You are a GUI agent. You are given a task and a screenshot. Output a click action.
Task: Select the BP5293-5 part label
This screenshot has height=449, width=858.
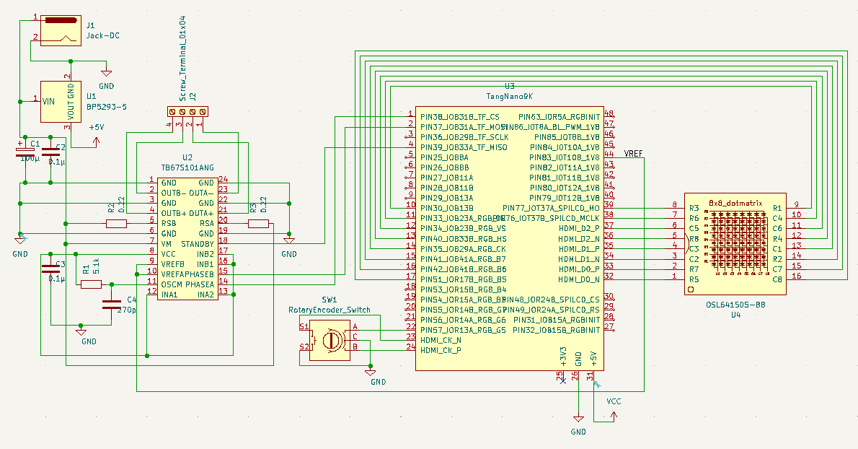tap(107, 106)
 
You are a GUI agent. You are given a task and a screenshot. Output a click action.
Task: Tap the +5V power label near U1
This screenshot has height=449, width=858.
tap(96, 128)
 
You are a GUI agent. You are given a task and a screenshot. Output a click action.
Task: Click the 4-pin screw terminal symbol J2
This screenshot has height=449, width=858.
tap(187, 111)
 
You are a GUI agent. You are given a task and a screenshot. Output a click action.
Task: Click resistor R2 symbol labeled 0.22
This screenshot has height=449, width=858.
tap(116, 224)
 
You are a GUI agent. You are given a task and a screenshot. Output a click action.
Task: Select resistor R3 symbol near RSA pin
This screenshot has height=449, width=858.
tap(257, 224)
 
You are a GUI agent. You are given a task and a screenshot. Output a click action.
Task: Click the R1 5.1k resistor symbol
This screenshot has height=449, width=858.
tap(91, 284)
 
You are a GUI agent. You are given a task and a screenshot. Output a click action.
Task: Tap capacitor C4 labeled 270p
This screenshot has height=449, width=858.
tap(110, 303)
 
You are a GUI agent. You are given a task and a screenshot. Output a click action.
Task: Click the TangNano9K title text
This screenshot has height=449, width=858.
tap(509, 95)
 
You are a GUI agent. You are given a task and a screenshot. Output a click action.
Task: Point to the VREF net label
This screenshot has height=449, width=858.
tap(634, 154)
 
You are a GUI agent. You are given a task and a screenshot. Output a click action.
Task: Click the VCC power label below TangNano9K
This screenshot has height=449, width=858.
tap(614, 401)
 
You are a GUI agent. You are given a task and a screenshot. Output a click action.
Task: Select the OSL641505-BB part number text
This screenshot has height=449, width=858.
tap(736, 305)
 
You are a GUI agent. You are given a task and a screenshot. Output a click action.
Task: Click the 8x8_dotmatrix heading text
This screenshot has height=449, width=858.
tap(735, 204)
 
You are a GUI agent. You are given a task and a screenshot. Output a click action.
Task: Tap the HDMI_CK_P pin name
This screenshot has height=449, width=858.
tap(441, 350)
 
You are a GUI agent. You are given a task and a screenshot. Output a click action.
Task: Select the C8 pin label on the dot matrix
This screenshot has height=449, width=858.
tap(777, 279)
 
